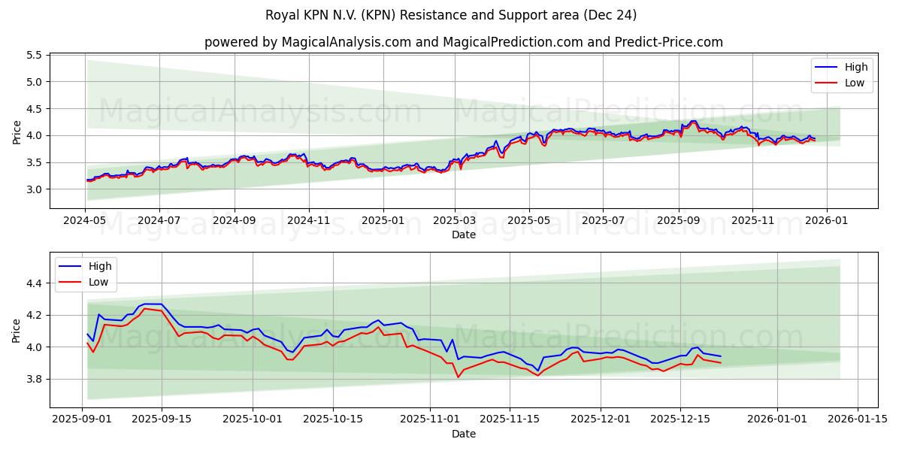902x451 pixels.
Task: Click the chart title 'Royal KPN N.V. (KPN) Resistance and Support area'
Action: (451, 15)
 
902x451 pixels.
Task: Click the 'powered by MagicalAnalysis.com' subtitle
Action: (463, 42)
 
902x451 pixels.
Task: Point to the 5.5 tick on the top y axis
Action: (32, 55)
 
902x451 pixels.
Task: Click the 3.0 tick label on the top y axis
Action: (32, 189)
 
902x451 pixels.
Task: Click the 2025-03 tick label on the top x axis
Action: (455, 221)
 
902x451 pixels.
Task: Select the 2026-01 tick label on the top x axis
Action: (827, 221)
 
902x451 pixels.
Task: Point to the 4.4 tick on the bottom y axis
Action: (32, 283)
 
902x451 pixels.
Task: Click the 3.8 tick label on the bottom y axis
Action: (32, 379)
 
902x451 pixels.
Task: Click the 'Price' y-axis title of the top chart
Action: (17, 132)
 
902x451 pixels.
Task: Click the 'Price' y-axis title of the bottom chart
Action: (17, 331)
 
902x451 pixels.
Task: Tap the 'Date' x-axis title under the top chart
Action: (463, 235)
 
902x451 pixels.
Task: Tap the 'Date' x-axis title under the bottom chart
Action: (463, 434)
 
